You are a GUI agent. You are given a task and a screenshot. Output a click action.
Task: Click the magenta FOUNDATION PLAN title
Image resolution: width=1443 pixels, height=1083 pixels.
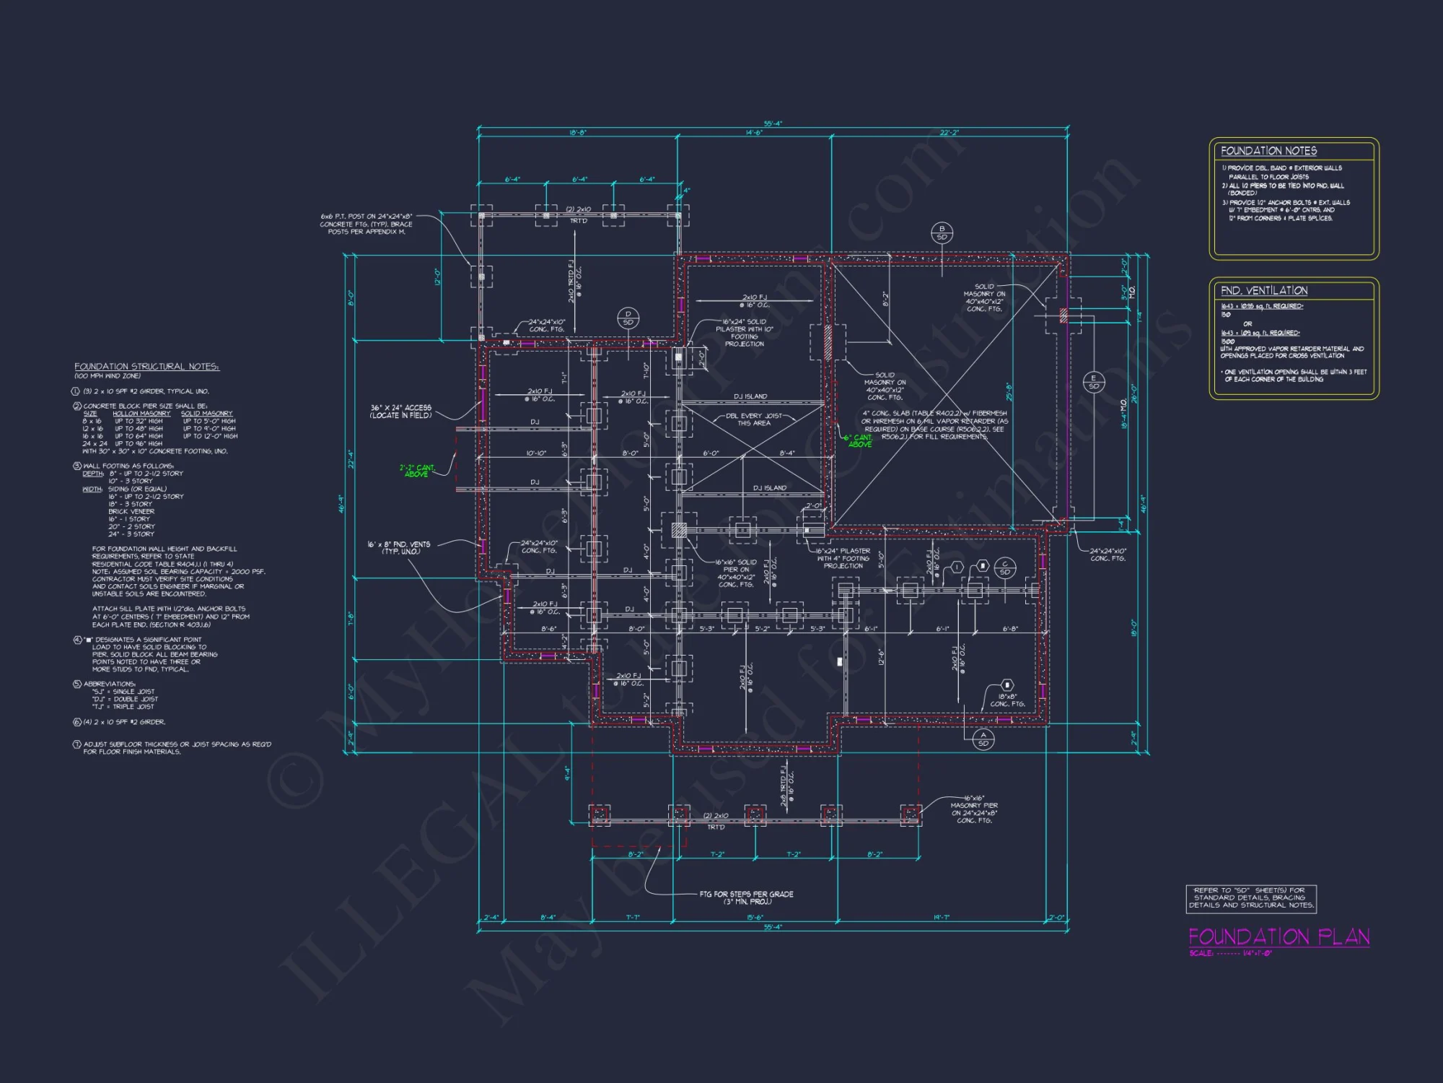click(1278, 936)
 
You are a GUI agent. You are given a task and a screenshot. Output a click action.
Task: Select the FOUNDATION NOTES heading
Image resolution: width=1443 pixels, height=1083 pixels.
click(1268, 151)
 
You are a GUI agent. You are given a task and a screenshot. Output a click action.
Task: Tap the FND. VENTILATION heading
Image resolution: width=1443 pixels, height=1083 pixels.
click(1264, 290)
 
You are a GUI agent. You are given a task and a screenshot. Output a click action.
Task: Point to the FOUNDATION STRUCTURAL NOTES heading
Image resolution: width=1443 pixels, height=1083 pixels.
click(146, 367)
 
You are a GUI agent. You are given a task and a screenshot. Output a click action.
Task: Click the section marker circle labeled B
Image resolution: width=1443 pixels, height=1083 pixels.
click(942, 232)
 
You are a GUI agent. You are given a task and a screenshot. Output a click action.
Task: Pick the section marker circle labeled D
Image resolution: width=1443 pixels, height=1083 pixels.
click(628, 318)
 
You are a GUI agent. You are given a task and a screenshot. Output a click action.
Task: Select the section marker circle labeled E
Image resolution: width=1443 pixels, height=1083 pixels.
click(1093, 382)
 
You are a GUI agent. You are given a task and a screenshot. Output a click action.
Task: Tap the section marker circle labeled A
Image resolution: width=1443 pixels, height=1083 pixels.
click(983, 739)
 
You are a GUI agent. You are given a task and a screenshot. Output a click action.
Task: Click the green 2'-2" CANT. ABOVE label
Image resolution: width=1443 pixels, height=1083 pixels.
click(417, 471)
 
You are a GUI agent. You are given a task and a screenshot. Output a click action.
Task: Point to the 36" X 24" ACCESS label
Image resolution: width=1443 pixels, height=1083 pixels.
click(400, 412)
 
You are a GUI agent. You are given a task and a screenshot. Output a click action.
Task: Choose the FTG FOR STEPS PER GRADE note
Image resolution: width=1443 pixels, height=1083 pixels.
click(746, 897)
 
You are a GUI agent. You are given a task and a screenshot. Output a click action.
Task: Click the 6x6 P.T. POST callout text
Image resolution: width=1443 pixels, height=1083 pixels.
click(367, 224)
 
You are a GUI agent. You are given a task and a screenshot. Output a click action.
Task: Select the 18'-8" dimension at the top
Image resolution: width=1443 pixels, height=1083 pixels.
click(577, 133)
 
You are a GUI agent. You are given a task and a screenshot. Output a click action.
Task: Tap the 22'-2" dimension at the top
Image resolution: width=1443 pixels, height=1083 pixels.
click(949, 133)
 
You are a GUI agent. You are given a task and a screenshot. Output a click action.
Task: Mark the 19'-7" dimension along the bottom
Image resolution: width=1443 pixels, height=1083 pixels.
click(942, 918)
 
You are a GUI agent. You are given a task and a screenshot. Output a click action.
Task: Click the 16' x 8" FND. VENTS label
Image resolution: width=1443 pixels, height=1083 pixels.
click(399, 547)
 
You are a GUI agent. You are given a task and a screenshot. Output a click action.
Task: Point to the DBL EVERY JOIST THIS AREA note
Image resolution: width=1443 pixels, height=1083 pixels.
click(753, 419)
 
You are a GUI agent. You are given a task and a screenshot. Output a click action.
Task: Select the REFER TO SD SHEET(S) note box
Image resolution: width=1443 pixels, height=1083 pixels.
click(1251, 897)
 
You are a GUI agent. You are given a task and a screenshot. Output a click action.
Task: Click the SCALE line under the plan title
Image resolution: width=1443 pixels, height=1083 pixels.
click(1231, 953)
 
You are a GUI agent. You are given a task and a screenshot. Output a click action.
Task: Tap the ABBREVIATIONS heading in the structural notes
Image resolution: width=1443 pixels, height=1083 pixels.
click(109, 684)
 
